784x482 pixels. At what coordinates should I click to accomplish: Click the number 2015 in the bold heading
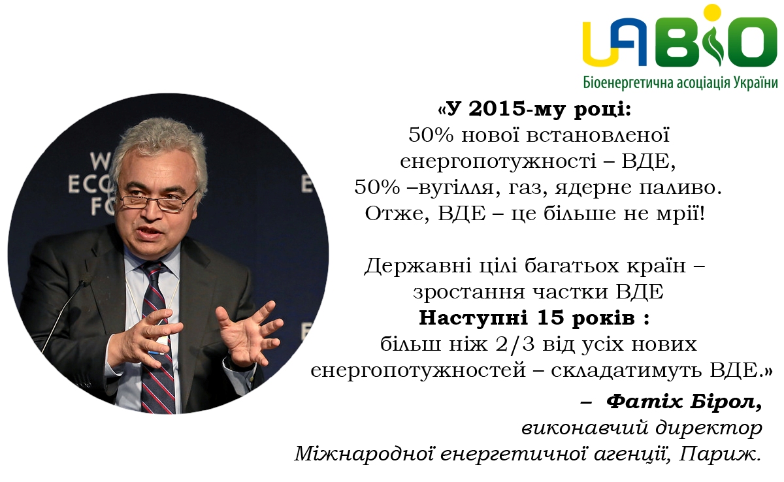click(496, 109)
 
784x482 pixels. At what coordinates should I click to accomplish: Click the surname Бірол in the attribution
click(726, 402)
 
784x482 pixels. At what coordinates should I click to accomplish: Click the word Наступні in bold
click(473, 318)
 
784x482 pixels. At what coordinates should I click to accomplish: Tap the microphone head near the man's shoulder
click(84, 282)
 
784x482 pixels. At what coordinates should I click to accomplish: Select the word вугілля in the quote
click(458, 188)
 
